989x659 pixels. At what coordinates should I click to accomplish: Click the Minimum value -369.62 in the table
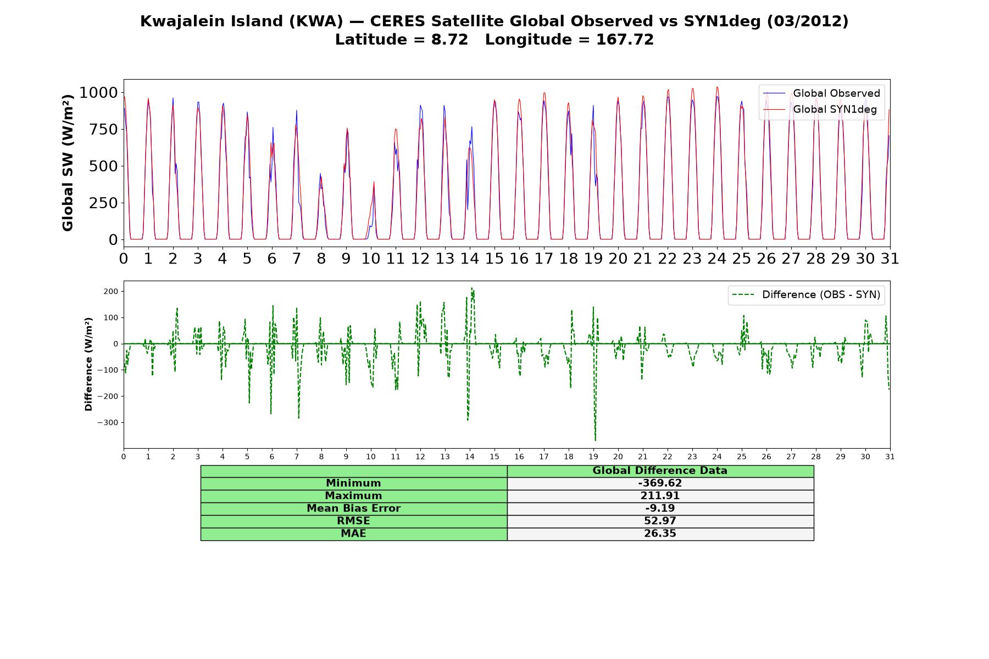(660, 483)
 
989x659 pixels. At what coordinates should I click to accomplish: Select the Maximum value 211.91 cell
(660, 496)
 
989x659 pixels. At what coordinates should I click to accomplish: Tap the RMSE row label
(353, 521)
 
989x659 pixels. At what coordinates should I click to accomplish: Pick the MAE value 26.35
(660, 534)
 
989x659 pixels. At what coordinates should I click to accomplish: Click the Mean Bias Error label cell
(353, 509)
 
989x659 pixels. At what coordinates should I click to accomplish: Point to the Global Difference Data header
(660, 471)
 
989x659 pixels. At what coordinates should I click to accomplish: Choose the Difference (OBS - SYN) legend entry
(806, 295)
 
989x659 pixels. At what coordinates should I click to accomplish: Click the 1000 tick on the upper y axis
(98, 92)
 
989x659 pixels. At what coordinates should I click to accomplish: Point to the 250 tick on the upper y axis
(104, 203)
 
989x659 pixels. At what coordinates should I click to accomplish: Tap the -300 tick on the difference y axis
(108, 423)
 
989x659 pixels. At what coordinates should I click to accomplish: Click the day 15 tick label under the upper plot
(494, 259)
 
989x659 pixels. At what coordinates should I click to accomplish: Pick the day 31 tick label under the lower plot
(890, 457)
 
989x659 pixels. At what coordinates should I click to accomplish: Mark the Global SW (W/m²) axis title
(68, 163)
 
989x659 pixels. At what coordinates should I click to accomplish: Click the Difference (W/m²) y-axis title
(88, 364)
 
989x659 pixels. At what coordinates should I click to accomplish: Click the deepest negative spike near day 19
(595, 440)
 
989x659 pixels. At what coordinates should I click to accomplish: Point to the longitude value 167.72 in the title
(625, 40)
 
